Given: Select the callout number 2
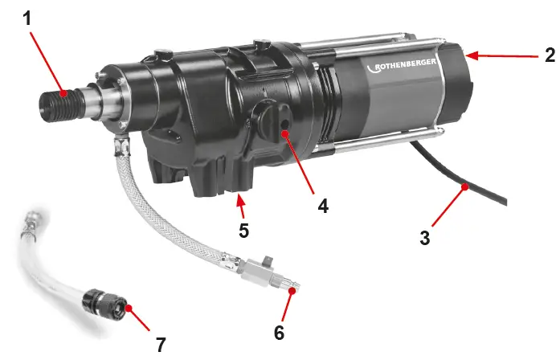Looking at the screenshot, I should pos(549,55).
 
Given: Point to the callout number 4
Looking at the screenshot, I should pos(322,206).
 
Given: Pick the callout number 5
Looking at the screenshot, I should pos(243,230).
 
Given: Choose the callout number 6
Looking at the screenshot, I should pos(280,329).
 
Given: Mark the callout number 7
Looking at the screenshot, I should pos(160,345).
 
